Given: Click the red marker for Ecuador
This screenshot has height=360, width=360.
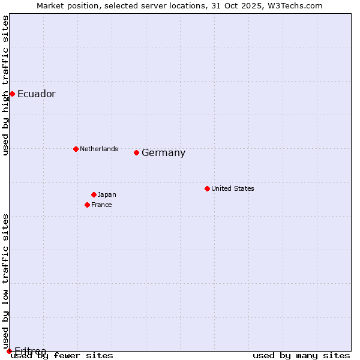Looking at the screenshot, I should [x=12, y=94].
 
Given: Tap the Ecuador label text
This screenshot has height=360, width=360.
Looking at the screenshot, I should [x=36, y=94].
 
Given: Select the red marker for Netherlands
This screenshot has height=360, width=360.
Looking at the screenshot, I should [x=76, y=149].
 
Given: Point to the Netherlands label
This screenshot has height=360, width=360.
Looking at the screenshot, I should [x=98, y=149].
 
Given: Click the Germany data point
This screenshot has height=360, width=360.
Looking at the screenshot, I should [x=136, y=152].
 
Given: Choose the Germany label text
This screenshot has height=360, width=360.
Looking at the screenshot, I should [x=163, y=153].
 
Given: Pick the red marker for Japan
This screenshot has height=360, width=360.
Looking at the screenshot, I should [x=94, y=194].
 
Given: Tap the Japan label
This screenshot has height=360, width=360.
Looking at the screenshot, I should [x=107, y=194].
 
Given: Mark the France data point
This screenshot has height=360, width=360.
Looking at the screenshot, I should [x=87, y=205].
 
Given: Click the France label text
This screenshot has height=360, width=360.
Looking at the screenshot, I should [x=101, y=205].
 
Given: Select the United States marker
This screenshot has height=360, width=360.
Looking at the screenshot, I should [x=207, y=188].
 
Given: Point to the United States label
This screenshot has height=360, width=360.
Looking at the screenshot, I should [x=232, y=188].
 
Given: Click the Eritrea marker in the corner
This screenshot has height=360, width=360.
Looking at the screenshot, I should [x=9, y=351].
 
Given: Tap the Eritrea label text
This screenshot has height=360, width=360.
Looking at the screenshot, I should [x=30, y=350].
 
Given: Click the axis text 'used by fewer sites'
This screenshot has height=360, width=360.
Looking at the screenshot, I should [x=62, y=356].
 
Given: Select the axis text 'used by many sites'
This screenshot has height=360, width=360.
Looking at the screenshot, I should [x=301, y=356].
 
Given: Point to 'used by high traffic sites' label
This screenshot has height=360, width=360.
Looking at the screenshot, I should [x=5, y=85].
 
